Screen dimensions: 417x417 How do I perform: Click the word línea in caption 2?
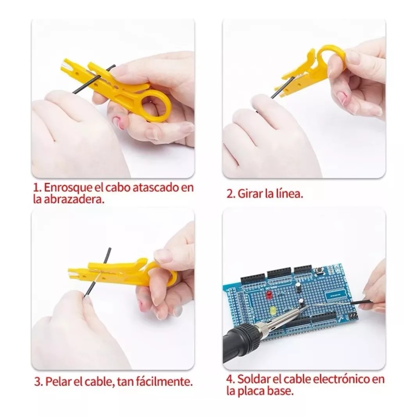[x=289, y=194]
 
